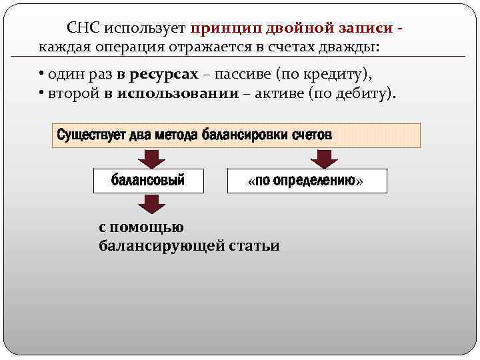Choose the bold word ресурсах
[167, 73]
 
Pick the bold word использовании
[177, 93]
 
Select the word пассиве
[244, 73]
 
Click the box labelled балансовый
[148, 181]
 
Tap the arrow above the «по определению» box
[325, 159]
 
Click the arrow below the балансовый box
[153, 203]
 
